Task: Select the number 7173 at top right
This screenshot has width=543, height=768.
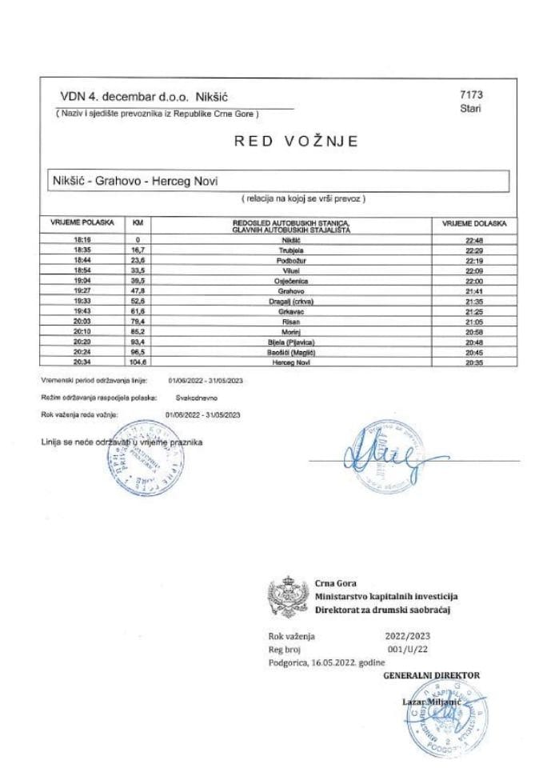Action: click(x=472, y=95)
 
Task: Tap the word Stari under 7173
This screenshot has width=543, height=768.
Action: click(x=470, y=109)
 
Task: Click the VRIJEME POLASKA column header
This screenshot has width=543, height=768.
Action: click(x=82, y=222)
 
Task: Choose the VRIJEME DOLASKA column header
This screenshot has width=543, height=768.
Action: click(x=474, y=223)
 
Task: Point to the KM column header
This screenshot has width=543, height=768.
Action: click(x=138, y=223)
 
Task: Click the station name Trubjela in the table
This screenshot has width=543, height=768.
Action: click(x=290, y=250)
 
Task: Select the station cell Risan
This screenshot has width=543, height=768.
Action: click(x=290, y=322)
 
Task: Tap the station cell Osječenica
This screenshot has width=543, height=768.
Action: click(x=290, y=281)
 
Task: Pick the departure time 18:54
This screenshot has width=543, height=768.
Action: click(x=82, y=270)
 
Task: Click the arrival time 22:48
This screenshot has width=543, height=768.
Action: click(x=474, y=239)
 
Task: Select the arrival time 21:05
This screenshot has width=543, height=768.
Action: click(x=474, y=322)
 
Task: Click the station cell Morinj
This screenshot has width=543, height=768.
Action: click(x=290, y=332)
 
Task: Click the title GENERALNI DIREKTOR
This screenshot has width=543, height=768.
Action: click(x=432, y=675)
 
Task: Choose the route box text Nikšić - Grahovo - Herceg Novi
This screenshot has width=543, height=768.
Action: click(x=133, y=180)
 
